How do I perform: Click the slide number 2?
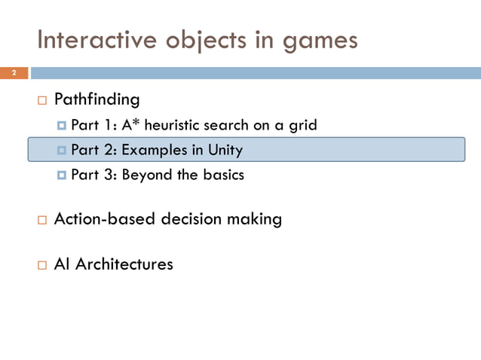pos(13,73)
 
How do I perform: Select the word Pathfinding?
pos(97,99)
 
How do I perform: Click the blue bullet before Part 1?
pos(62,126)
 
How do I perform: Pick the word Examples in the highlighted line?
pos(154,150)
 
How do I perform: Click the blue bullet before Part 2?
pos(62,151)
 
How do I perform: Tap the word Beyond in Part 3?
pos(147,175)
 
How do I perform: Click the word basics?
pos(224,175)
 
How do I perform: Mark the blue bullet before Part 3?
pos(62,175)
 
